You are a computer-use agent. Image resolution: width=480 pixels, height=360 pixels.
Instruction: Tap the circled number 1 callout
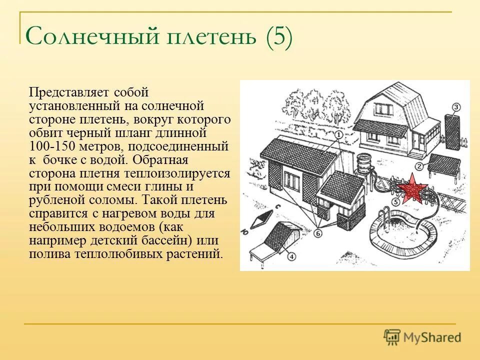pyautogui.click(x=338, y=134)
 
